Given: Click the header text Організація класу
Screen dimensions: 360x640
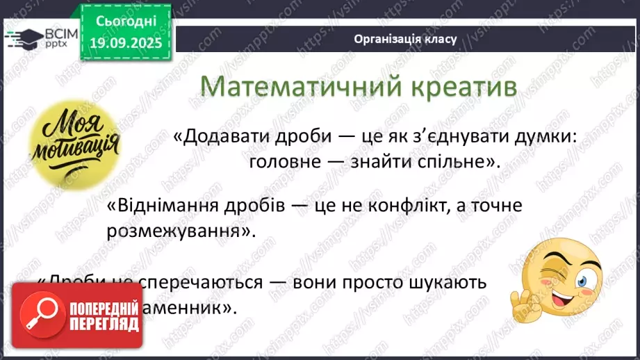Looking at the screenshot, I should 405,39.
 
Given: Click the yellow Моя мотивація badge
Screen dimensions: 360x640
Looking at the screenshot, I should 74,144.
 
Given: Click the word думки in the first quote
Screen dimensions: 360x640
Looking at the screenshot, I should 544,137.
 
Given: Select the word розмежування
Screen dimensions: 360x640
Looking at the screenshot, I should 177,231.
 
